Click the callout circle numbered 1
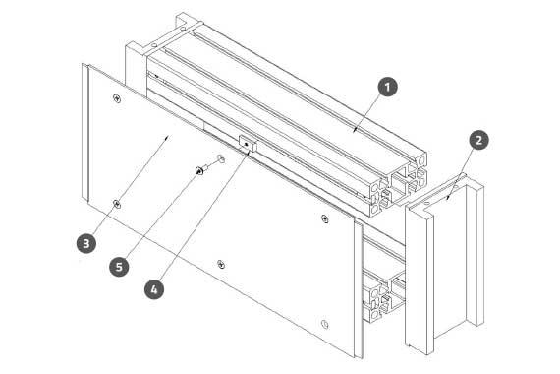[387, 87]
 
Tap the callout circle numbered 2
[478, 140]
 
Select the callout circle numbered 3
[86, 243]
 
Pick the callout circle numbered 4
[154, 289]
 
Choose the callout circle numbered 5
[119, 267]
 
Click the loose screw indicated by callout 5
[204, 168]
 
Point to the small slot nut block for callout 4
[248, 144]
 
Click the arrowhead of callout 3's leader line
[166, 138]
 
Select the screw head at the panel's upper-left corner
[117, 98]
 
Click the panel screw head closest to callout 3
[117, 204]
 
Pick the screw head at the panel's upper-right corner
[324, 218]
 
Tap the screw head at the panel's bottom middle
[221, 265]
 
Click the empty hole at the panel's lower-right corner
[324, 324]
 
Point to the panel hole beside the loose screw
[221, 157]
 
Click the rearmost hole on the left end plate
[183, 28]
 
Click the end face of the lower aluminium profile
[384, 300]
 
